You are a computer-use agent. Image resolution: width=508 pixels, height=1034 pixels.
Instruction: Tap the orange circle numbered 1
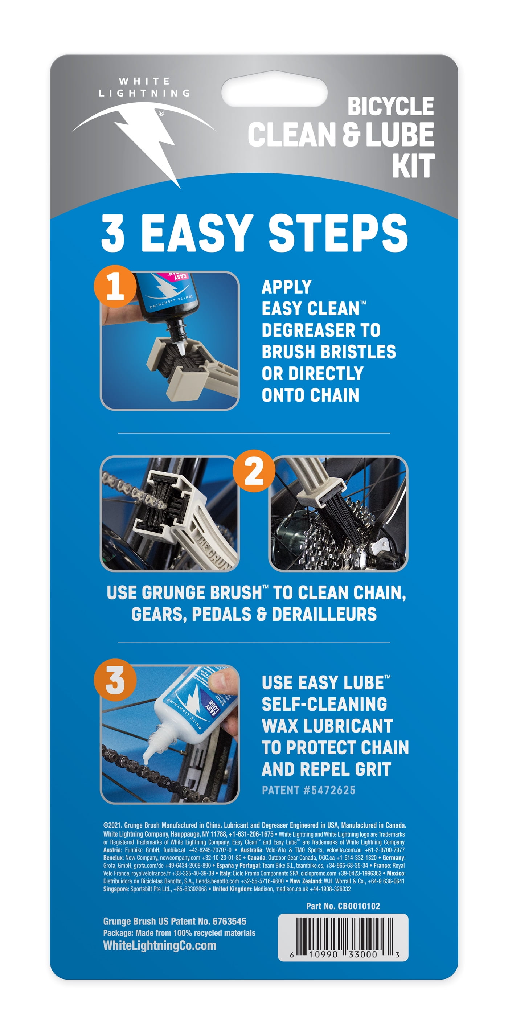(115, 286)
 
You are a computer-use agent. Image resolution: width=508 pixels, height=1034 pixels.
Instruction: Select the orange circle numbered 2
(254, 471)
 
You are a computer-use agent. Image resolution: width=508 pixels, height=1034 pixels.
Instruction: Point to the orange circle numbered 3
(115, 680)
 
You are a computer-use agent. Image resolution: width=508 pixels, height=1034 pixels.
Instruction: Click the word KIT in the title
(413, 166)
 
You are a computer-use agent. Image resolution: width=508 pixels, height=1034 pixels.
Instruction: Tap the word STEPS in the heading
(338, 233)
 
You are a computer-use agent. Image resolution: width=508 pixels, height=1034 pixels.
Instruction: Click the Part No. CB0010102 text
(343, 906)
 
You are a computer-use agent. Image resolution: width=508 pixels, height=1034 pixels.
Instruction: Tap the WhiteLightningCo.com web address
(160, 945)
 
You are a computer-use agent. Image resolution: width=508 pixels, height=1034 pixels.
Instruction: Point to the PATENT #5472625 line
(308, 790)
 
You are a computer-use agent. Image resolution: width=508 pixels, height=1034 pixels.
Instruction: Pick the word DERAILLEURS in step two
(324, 614)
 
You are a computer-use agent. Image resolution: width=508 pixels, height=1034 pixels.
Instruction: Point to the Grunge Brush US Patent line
(175, 921)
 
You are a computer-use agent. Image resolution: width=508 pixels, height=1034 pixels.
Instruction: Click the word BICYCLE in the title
(390, 106)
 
